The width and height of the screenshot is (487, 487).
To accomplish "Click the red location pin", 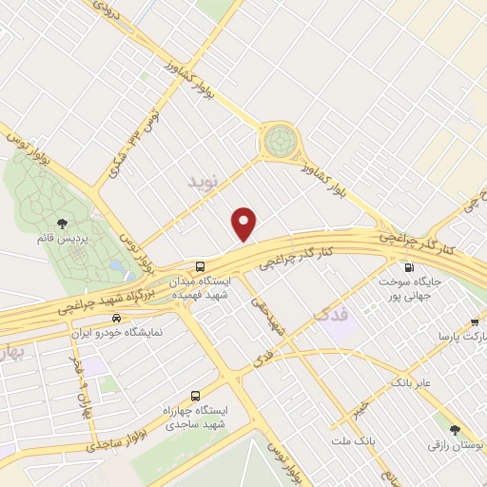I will pos(245,224).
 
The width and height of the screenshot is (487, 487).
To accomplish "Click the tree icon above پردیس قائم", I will pos(62,223).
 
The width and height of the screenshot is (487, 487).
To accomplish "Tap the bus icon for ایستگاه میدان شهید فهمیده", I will pos(200,266).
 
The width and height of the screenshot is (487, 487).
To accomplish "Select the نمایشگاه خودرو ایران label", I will pos(119,333).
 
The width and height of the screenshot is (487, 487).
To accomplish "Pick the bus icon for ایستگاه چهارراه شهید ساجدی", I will pos(196,395).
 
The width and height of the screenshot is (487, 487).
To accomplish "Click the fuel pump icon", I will pos(410,268).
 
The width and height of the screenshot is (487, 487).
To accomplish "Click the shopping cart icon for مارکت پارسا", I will pos(475,321).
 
